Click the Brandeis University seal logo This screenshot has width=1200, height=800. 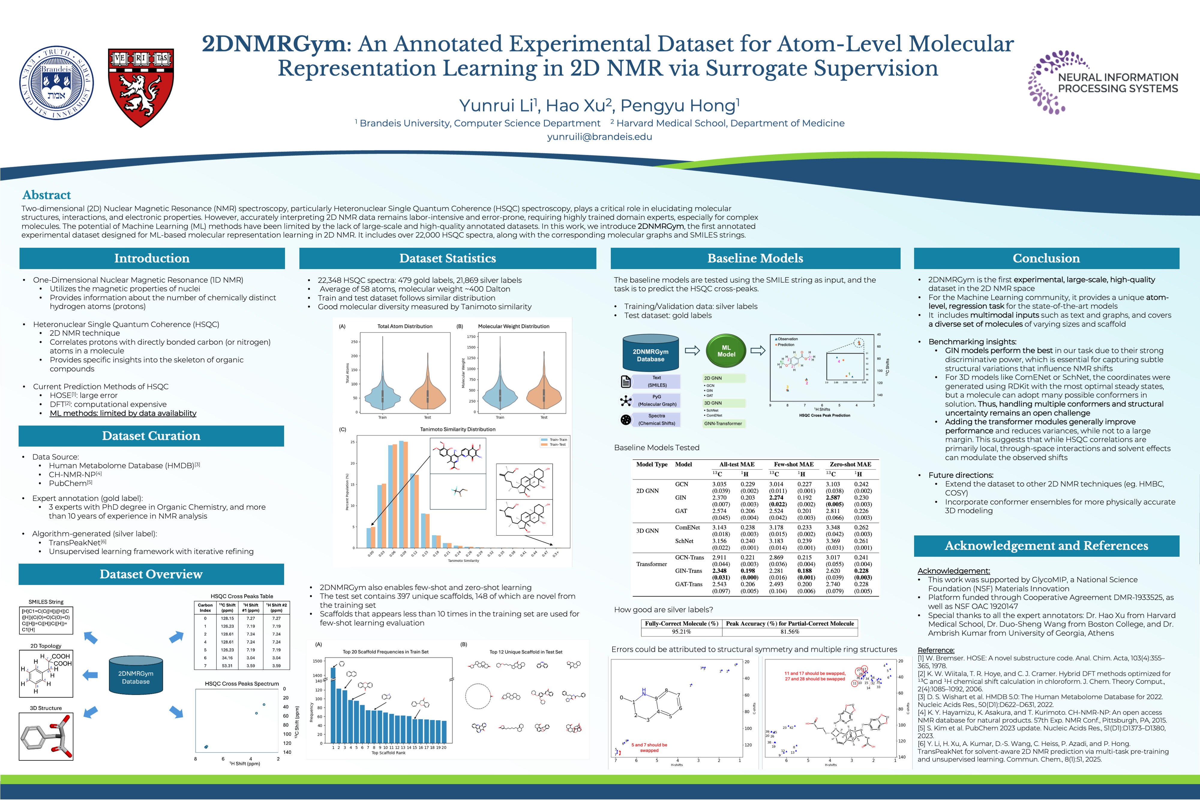[57, 83]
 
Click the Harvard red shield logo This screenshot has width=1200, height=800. [141, 87]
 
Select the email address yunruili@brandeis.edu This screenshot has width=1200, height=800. [599, 137]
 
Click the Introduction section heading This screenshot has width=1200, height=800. [151, 258]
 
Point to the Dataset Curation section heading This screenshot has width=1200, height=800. [151, 436]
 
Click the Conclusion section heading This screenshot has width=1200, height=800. [1046, 258]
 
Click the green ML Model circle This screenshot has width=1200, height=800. [726, 351]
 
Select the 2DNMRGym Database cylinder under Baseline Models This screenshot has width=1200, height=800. [650, 353]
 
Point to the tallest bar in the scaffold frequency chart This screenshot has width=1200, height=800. [333, 704]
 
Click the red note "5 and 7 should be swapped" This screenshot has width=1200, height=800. [649, 748]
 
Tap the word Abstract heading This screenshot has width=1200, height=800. [46, 195]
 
